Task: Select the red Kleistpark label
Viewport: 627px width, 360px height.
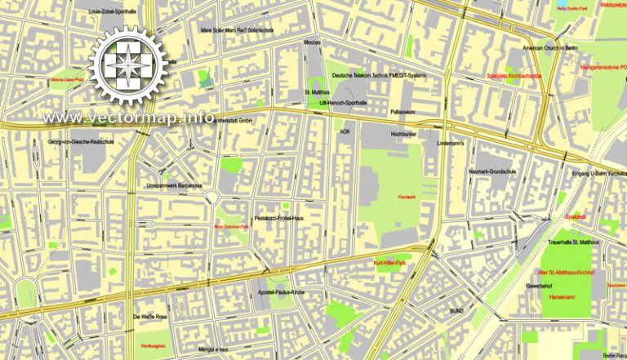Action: tap(385, 198)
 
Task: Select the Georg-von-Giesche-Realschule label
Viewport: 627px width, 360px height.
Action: tap(83, 142)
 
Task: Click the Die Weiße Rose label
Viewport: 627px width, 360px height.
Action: tap(149, 315)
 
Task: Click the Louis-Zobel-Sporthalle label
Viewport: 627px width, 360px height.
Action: tap(113, 12)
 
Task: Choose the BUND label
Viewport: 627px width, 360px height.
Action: tap(456, 311)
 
